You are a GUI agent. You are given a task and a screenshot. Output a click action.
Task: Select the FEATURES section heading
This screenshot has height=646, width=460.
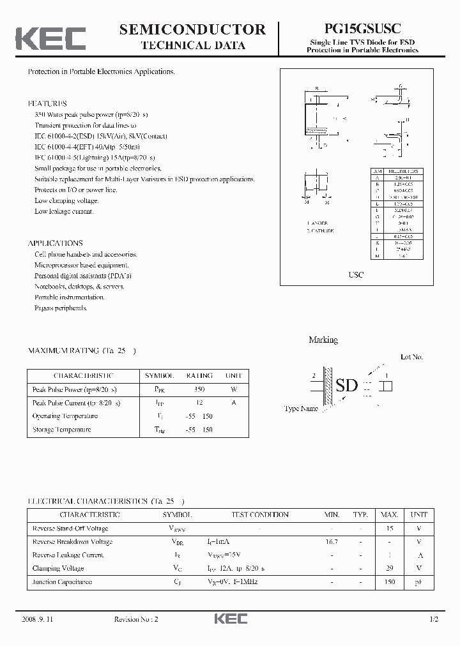[x=47, y=103]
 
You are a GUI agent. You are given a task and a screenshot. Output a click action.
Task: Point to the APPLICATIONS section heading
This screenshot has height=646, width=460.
[x=55, y=243]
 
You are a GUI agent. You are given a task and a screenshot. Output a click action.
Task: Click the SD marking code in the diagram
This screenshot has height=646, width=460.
[x=347, y=386]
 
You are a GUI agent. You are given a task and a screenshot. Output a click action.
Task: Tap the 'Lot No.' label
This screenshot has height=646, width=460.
[x=411, y=357]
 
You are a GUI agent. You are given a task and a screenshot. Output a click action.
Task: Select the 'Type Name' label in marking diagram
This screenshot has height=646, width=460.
[x=301, y=409]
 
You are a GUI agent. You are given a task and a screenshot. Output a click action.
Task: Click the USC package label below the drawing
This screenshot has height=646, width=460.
[x=356, y=274]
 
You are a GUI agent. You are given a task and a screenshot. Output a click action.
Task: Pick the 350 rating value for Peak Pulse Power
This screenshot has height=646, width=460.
[x=199, y=389]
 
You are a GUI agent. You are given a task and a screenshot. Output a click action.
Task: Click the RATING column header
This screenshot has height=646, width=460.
[x=199, y=375]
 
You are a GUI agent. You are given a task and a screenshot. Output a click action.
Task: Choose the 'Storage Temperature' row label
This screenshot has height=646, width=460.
[x=61, y=430]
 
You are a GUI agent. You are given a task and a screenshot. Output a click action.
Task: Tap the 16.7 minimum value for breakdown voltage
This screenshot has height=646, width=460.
[x=332, y=541]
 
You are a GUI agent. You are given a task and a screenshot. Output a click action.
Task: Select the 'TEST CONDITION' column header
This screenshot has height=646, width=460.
[x=259, y=515]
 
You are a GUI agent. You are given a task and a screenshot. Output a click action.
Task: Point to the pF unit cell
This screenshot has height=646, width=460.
[x=419, y=582]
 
